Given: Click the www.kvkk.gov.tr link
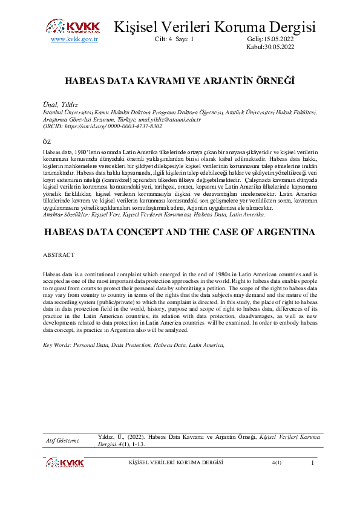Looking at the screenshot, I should click(74, 39).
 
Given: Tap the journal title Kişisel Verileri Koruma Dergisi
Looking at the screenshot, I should click(215, 27).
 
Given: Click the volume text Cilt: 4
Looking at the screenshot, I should click(163, 39).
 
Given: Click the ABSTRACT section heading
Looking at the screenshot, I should click(58, 256).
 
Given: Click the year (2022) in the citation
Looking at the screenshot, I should click(135, 436).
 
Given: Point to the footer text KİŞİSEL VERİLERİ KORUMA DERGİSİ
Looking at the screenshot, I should click(176, 462).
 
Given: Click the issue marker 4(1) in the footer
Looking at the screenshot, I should click(277, 462).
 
